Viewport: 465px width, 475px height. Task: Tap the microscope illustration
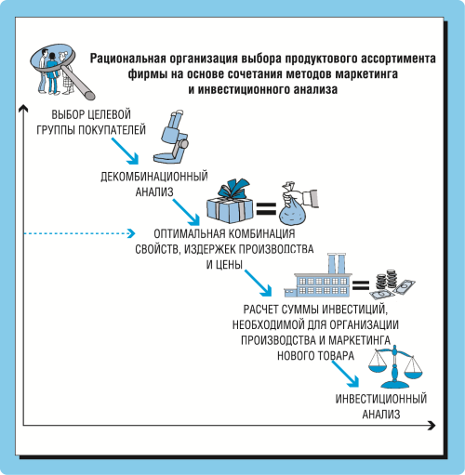click(171, 137)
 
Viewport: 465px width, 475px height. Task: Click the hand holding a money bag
click(299, 204)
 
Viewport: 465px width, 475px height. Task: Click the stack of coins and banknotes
click(392, 284)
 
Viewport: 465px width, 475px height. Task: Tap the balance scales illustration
click(395, 367)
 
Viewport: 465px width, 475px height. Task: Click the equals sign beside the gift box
click(266, 208)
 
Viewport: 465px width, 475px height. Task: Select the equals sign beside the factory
click(361, 284)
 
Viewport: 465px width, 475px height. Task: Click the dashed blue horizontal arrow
click(80, 233)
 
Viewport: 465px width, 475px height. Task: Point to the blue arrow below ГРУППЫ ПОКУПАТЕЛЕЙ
click(125, 151)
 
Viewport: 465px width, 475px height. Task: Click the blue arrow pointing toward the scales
click(345, 373)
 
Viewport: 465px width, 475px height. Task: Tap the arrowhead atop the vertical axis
click(23, 108)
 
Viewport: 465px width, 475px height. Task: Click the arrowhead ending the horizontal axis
click(432, 425)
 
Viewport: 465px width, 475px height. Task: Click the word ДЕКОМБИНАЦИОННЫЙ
click(154, 177)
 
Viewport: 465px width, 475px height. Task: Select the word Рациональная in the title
click(128, 59)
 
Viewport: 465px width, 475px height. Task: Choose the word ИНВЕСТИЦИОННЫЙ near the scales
click(381, 399)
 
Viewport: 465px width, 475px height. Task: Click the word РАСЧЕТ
click(261, 310)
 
